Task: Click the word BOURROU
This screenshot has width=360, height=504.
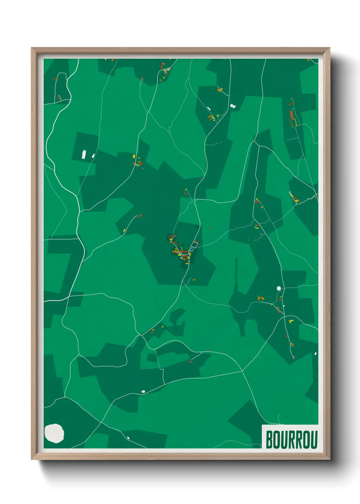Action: pyautogui.click(x=291, y=439)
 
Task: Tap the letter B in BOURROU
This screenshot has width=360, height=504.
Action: pyautogui.click(x=269, y=439)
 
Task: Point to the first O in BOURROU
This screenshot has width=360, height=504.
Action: pyautogui.click(x=277, y=439)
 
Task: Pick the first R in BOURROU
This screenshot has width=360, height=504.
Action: pyautogui.click(x=291, y=439)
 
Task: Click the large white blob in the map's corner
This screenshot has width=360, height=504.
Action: pyautogui.click(x=54, y=433)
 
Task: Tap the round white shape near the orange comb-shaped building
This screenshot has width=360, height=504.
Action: pyautogui.click(x=279, y=288)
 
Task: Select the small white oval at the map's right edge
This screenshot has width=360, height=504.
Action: pyautogui.click(x=315, y=353)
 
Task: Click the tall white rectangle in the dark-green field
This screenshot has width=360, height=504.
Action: pyautogui.click(x=83, y=154)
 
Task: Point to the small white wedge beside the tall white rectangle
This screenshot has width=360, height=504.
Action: pyautogui.click(x=93, y=156)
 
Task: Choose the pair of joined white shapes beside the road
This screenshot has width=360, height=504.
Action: pyautogui.click(x=233, y=106)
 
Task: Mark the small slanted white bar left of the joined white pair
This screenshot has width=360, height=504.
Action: pyautogui.click(x=209, y=108)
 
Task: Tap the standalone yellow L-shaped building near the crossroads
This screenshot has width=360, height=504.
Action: pyautogui.click(x=291, y=321)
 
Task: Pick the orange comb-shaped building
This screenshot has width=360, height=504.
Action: pyautogui.click(x=261, y=298)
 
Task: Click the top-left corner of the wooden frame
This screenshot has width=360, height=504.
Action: pyautogui.click(x=32, y=48)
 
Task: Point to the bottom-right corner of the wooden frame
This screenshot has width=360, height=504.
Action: pyautogui.click(x=329, y=459)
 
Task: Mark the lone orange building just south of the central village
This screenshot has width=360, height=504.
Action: pyautogui.click(x=194, y=280)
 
